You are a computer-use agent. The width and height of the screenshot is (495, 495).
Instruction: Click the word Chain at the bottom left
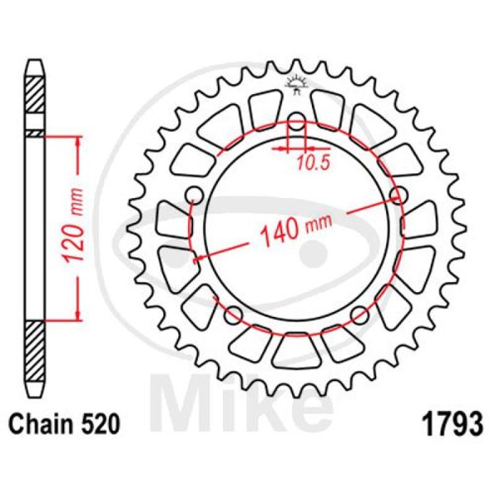pyautogui.click(x=42, y=424)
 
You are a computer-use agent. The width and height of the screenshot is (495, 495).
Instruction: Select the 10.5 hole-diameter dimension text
pyautogui.click(x=313, y=163)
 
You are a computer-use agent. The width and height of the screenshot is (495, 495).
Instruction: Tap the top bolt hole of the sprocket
pyautogui.click(x=297, y=121)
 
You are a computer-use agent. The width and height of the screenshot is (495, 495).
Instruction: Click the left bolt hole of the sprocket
pyautogui.click(x=194, y=196)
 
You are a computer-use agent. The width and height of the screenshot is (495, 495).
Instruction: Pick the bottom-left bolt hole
pyautogui.click(x=233, y=316)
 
